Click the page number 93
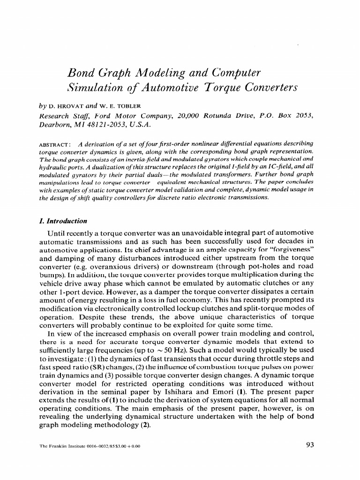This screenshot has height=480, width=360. coord(309,445)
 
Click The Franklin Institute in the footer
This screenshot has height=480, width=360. coord(60,446)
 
